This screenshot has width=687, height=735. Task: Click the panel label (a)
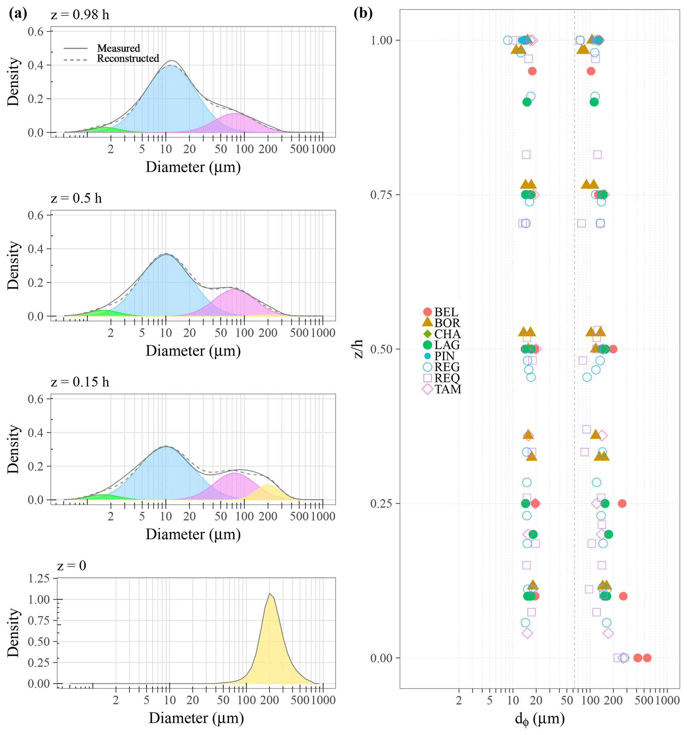[x=18, y=14]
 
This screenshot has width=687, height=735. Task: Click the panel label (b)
[x=363, y=14]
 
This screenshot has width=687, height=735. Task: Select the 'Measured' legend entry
[x=118, y=49]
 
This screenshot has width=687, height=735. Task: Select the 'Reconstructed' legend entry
[x=128, y=59]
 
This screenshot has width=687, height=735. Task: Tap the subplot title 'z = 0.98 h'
[x=80, y=15]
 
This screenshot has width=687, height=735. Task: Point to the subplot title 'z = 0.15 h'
[x=80, y=382]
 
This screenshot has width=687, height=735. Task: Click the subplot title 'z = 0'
[x=72, y=566]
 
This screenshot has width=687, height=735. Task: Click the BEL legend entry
[x=446, y=312]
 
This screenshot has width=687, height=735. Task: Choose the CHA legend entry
[x=447, y=334]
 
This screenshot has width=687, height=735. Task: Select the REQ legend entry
[x=447, y=378]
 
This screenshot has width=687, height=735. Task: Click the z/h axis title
[x=358, y=349]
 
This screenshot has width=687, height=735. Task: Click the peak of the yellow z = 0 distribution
[x=270, y=593]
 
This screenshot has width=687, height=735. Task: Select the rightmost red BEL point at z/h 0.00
[x=647, y=658]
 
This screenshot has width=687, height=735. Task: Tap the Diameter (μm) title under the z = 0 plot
[x=196, y=718]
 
